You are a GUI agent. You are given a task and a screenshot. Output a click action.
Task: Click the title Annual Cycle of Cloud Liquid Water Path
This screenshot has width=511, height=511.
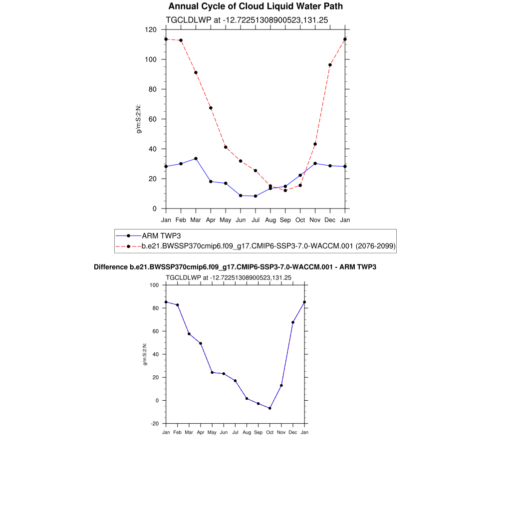click(x=255, y=6)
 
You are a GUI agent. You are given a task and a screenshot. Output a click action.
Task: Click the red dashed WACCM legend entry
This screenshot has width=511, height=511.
click(x=268, y=246)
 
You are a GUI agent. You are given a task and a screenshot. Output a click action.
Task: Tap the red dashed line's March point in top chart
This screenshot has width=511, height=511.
click(x=196, y=72)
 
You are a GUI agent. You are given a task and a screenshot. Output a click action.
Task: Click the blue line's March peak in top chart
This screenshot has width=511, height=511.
click(x=196, y=159)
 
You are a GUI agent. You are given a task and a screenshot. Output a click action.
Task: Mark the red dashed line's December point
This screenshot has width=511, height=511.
click(x=330, y=65)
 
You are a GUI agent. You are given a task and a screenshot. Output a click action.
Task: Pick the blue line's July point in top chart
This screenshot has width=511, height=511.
click(x=255, y=196)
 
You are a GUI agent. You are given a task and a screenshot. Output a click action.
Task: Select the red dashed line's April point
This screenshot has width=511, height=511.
click(x=211, y=108)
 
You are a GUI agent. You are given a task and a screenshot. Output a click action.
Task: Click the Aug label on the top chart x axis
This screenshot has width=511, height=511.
click(x=270, y=220)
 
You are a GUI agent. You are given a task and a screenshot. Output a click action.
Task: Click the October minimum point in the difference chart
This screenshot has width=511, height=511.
click(x=270, y=408)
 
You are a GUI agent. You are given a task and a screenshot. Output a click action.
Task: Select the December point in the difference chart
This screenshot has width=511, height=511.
click(x=293, y=322)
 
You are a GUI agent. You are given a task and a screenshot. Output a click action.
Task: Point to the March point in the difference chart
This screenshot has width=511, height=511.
click(x=189, y=334)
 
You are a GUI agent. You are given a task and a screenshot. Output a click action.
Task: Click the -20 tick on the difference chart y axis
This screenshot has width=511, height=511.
click(x=155, y=424)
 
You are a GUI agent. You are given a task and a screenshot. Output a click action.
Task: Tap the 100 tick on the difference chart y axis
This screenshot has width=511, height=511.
click(x=154, y=285)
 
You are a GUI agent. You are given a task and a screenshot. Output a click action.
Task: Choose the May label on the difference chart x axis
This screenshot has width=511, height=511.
click(x=212, y=432)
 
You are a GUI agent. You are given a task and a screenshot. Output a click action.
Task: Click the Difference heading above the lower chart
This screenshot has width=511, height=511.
click(x=235, y=267)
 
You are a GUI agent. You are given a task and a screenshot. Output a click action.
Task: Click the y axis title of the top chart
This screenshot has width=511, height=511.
click(x=139, y=119)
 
